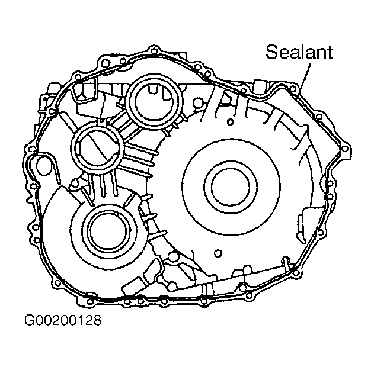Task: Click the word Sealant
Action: pyautogui.click(x=299, y=52)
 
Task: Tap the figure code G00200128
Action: pyautogui.click(x=63, y=320)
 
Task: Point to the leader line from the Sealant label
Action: pyautogui.click(x=306, y=76)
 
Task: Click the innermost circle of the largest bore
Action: pyautogui.click(x=231, y=186)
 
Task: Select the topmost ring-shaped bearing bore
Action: pyautogui.click(x=154, y=101)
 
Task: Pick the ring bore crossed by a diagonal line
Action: pyautogui.click(x=97, y=147)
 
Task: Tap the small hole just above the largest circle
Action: pyautogui.click(x=231, y=122)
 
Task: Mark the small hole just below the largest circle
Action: pyautogui.click(x=218, y=253)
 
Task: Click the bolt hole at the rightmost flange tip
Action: pyautogui.click(x=345, y=149)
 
